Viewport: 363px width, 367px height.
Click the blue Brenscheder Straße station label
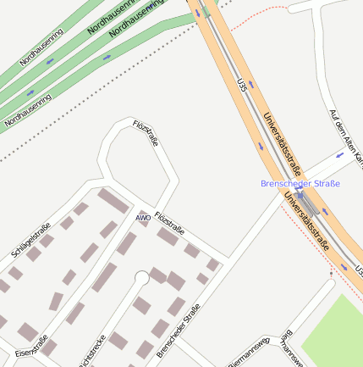tap(300, 184)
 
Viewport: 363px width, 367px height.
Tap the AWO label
tap(143, 218)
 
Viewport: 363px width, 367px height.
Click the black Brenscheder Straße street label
tap(179, 330)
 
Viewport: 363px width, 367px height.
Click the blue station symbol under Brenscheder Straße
tap(300, 195)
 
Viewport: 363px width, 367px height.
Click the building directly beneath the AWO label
tap(127, 243)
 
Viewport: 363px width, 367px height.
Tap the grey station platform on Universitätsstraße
tap(308, 203)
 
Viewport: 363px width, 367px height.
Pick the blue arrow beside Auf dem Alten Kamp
tap(339, 155)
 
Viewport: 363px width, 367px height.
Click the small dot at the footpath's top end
tap(332, 274)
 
